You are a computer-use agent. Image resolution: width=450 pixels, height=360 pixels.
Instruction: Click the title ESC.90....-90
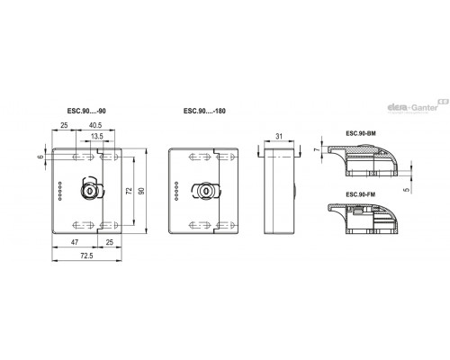86,111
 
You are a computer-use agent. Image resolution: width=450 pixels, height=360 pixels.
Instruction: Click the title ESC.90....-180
204,111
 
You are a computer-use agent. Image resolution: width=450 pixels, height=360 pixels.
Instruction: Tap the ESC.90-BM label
361,133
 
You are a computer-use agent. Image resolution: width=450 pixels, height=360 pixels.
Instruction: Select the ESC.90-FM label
361,194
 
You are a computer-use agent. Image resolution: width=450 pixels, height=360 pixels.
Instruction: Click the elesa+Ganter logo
418,106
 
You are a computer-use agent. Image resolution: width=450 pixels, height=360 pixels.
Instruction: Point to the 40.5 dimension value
95,125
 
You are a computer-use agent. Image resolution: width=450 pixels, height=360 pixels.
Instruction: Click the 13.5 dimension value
97,136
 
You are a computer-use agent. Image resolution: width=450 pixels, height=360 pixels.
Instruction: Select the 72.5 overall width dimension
86,256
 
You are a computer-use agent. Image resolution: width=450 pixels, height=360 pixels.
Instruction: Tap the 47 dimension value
75,242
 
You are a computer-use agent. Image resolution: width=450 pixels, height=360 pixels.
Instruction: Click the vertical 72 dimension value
130,191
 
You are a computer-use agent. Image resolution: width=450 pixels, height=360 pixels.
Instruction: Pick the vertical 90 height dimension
141,191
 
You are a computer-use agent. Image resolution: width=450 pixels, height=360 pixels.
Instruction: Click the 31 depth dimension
279,136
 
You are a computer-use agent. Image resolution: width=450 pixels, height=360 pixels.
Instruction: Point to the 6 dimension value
40,157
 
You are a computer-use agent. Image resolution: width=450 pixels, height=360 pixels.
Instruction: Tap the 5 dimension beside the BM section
407,190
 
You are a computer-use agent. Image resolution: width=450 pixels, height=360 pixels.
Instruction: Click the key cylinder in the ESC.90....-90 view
89,191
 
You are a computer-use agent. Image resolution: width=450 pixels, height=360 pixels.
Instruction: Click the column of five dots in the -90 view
60,191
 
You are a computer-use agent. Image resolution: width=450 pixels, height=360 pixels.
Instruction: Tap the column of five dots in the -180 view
176,191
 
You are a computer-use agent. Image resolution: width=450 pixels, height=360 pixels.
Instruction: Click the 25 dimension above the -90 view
64,125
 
